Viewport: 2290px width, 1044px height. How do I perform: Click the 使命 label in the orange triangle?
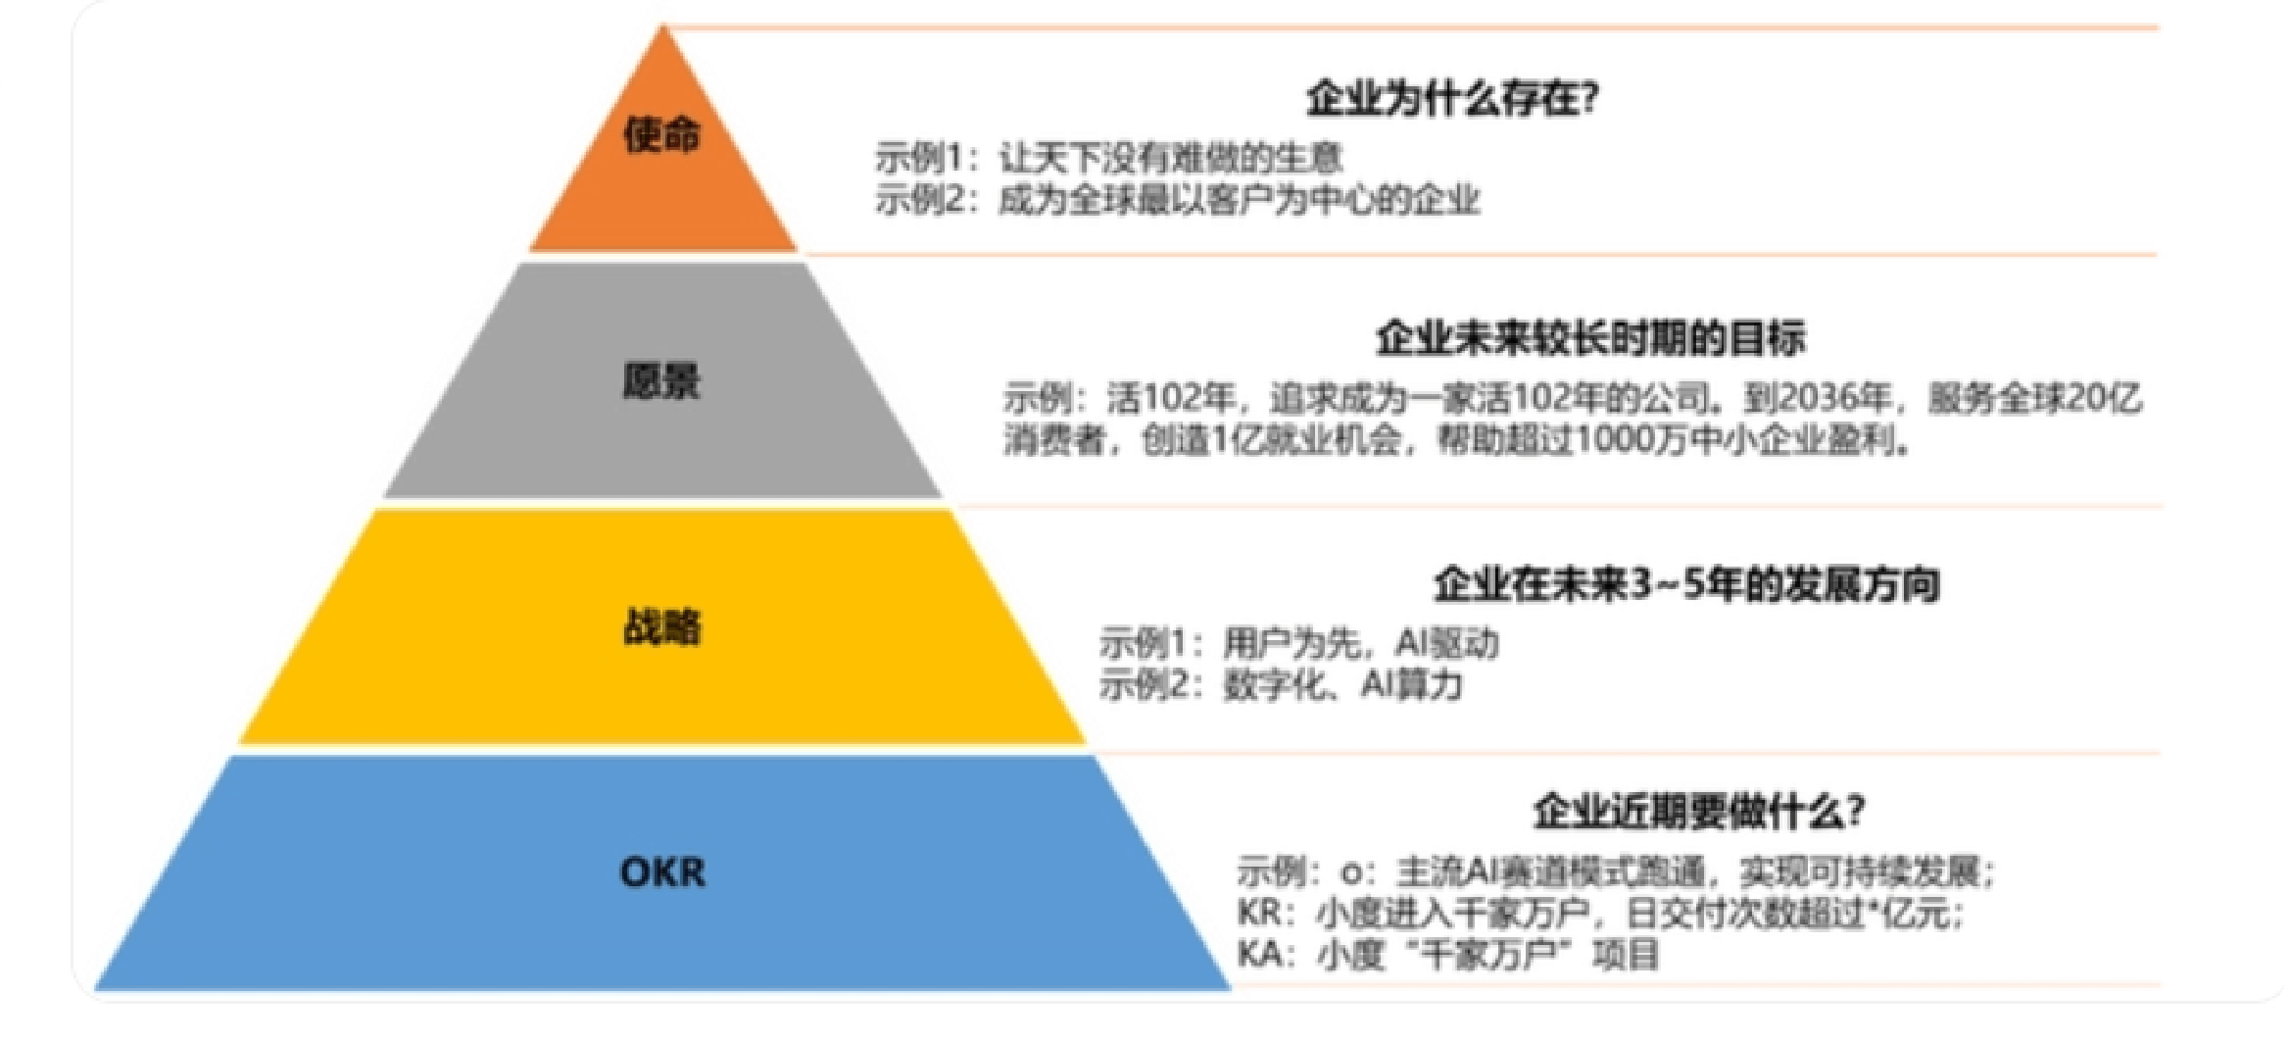pyautogui.click(x=662, y=135)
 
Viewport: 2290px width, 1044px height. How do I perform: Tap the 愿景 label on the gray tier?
pyautogui.click(x=662, y=380)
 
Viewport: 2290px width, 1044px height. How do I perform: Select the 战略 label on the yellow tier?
pyautogui.click(x=662, y=627)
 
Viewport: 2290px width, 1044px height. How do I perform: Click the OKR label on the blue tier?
pyautogui.click(x=662, y=871)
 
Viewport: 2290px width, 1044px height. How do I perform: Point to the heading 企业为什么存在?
pyautogui.click(x=1452, y=99)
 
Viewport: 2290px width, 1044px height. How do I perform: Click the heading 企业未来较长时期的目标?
pyautogui.click(x=1590, y=339)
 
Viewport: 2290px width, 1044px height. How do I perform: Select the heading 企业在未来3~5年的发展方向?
pyautogui.click(x=1686, y=584)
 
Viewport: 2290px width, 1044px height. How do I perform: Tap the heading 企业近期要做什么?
pyautogui.click(x=1699, y=812)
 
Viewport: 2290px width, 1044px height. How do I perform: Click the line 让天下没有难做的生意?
pyautogui.click(x=1170, y=159)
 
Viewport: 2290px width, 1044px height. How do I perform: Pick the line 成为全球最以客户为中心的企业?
pyautogui.click(x=1239, y=200)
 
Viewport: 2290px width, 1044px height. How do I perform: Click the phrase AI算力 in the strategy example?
pyautogui.click(x=1411, y=684)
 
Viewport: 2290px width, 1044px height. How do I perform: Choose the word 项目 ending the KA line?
pyautogui.click(x=1626, y=955)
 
